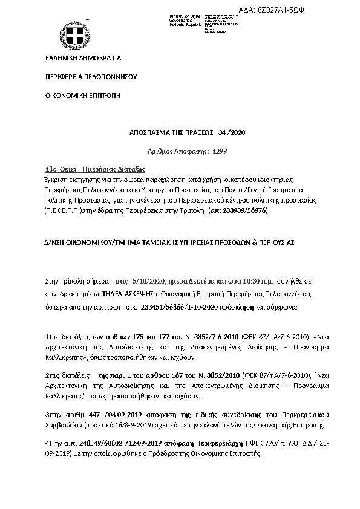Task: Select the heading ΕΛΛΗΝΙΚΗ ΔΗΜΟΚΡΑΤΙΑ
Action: coord(83,59)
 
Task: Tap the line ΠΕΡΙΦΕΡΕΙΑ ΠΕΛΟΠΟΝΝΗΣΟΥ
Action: coord(92,77)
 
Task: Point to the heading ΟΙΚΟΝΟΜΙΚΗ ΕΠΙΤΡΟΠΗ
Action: coord(83,96)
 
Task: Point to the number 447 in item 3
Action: coord(93,416)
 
